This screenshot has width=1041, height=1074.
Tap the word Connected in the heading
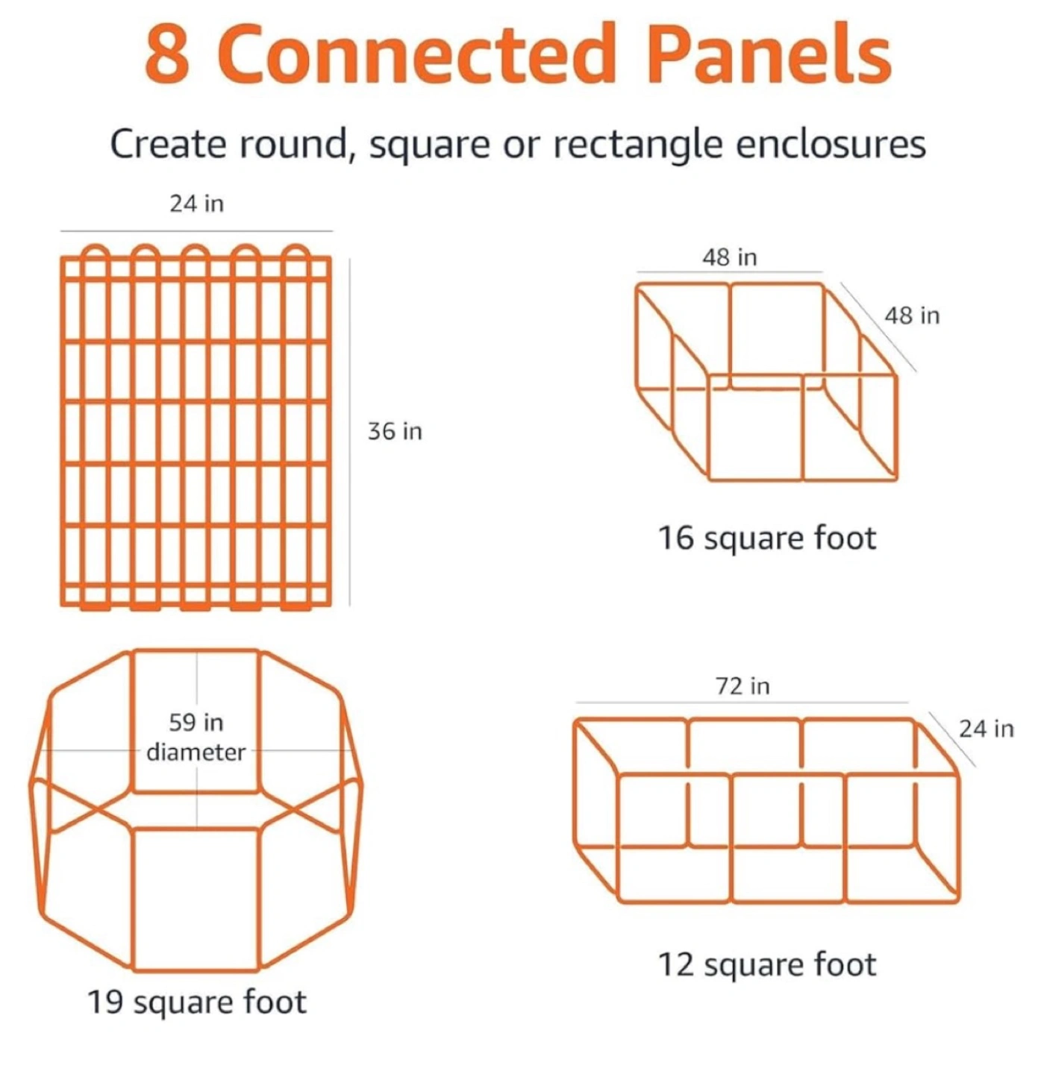[420, 54]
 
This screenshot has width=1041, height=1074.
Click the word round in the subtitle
[297, 145]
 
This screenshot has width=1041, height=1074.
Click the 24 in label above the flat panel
[196, 204]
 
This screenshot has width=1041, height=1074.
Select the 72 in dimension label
[743, 686]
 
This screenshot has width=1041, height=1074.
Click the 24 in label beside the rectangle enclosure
[987, 729]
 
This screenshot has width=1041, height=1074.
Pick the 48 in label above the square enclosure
[730, 257]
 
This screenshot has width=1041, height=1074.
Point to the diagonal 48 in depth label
[912, 315]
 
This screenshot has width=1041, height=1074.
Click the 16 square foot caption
[767, 539]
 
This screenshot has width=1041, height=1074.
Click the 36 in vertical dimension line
[349, 432]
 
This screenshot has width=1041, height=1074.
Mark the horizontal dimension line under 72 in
[742, 703]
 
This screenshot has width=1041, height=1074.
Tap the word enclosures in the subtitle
[831, 145]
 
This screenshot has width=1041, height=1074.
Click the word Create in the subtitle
[168, 145]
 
